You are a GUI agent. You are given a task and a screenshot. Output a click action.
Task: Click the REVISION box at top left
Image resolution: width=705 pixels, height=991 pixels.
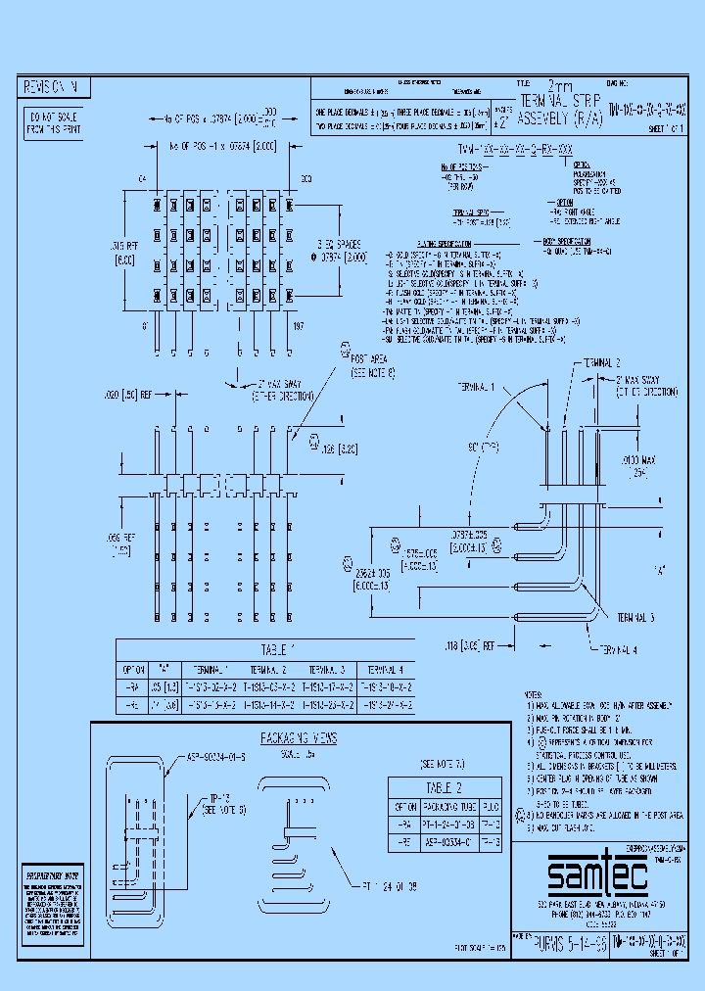(57, 88)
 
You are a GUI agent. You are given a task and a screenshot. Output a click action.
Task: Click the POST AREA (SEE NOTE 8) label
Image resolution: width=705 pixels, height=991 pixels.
(372, 365)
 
